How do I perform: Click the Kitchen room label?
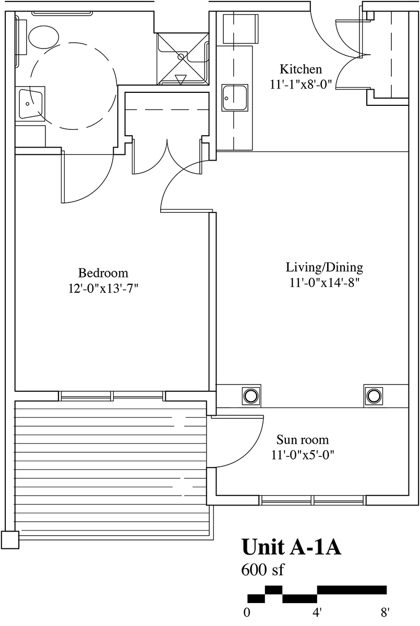coord(301,69)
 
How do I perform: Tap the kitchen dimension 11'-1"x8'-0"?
coord(301,84)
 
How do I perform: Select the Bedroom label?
coord(103,273)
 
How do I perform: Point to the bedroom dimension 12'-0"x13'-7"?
coord(103,288)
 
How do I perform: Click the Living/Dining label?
coord(325,268)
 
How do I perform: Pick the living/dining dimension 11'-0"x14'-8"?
coord(324,283)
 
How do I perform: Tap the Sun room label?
coord(303,440)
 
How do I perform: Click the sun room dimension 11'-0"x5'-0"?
coord(303,455)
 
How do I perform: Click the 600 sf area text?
coord(262,570)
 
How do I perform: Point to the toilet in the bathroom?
coord(44,37)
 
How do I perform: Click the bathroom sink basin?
coord(30,103)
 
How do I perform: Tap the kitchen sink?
coord(235,98)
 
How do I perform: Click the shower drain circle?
coord(181,56)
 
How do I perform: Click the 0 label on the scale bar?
coord(247,612)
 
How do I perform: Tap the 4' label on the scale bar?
coord(317,612)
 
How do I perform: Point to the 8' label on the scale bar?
coord(385,612)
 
